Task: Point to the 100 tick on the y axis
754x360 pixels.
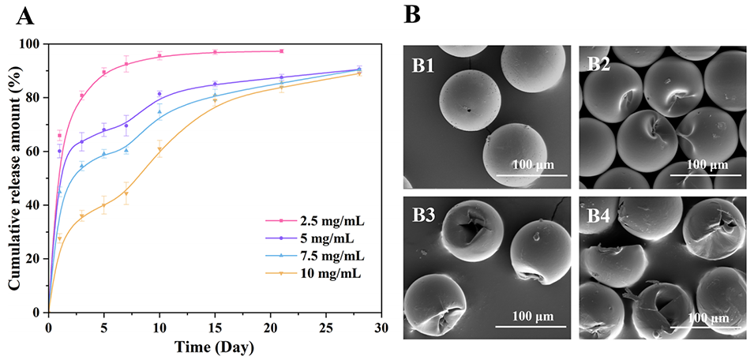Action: [x=32, y=44]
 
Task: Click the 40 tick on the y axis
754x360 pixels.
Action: [x=35, y=205]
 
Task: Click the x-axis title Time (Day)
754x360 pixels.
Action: [x=215, y=346]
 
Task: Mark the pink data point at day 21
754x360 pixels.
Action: [x=282, y=51]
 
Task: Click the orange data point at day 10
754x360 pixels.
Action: [x=159, y=149]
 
